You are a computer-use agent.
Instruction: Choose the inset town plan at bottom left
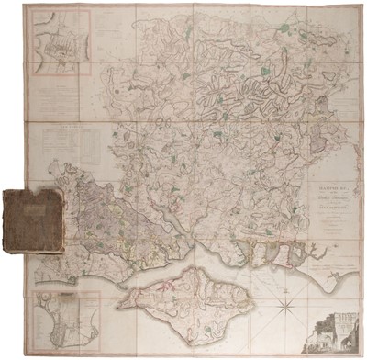(58, 322)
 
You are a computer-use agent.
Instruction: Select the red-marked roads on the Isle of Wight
(188, 298)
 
